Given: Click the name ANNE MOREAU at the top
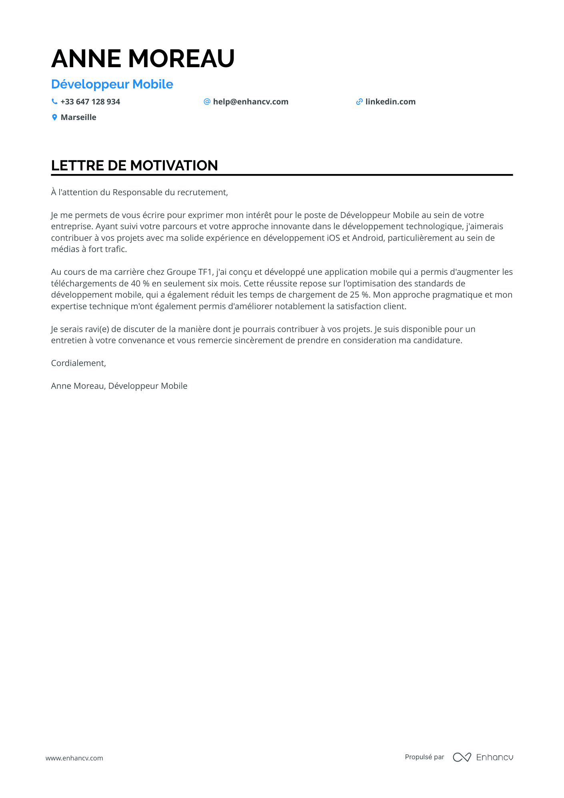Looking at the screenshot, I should click(x=143, y=58).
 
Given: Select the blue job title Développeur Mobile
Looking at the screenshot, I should click(x=112, y=84).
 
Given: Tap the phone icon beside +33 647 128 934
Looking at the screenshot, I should click(x=54, y=102).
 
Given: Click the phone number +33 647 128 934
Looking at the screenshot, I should click(x=90, y=102).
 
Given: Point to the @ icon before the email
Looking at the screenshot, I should click(x=207, y=102).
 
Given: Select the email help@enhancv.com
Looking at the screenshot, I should click(x=250, y=102).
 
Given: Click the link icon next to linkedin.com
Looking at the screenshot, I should click(x=359, y=102).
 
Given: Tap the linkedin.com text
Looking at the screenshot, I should click(x=390, y=102).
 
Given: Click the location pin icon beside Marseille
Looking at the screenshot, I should click(x=54, y=117).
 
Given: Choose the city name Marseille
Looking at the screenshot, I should click(x=78, y=117).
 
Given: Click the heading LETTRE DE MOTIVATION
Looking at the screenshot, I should click(x=134, y=166).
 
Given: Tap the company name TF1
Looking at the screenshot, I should click(x=205, y=272).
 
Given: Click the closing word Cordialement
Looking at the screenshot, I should click(x=78, y=363).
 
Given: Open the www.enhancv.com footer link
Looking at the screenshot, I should click(x=74, y=758).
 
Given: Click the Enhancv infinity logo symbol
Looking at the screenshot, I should click(x=462, y=757).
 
